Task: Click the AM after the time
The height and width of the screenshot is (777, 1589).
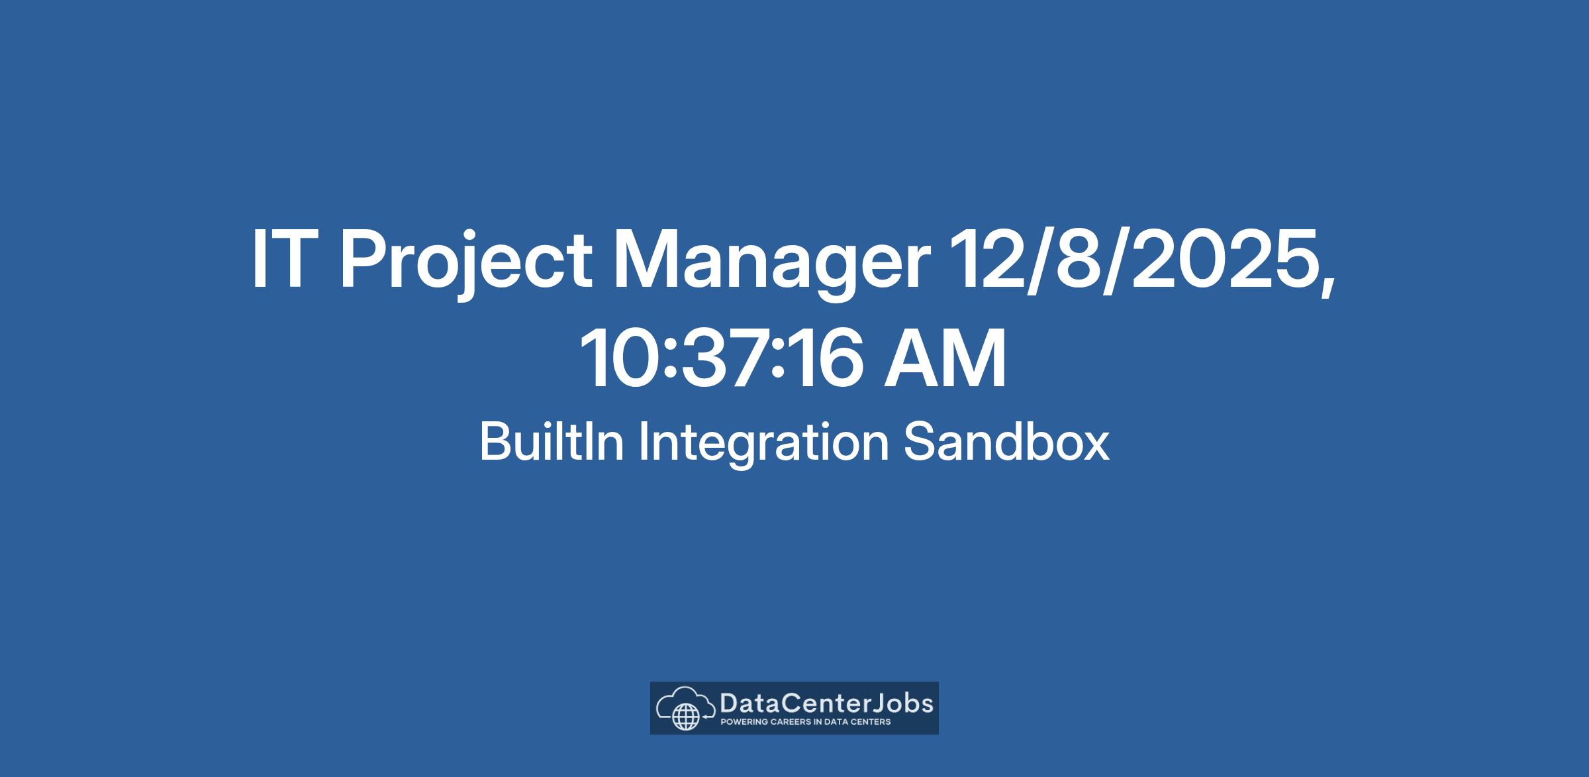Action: coord(945,358)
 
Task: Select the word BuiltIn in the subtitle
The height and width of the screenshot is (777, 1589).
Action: coord(552,442)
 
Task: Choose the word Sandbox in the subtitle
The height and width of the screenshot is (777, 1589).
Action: coord(1006,442)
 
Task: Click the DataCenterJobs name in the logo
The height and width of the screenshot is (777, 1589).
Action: coord(826,703)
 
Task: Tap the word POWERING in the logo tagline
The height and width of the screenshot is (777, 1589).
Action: coord(744,722)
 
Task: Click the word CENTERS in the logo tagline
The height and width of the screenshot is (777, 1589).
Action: coord(869,722)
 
